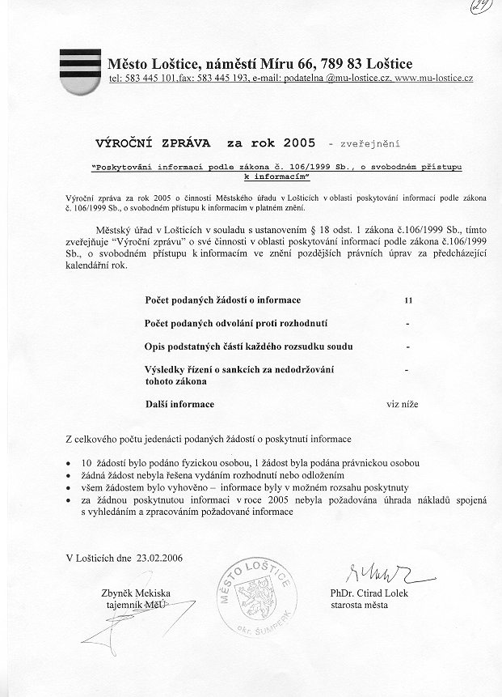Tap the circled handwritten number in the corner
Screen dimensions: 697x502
click(x=483, y=10)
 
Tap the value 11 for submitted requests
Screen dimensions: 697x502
click(x=408, y=300)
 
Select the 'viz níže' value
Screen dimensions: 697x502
click(x=403, y=403)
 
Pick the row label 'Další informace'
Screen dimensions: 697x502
click(x=179, y=403)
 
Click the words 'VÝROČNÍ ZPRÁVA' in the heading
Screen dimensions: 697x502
click(x=153, y=144)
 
